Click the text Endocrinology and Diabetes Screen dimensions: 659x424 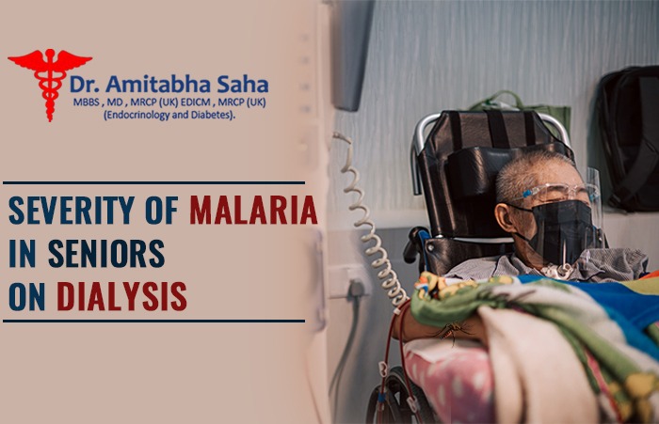[x=169, y=115]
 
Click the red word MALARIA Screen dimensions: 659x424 [x=254, y=210]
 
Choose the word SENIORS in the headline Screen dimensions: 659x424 [x=106, y=253]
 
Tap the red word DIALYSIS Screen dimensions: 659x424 [x=121, y=296]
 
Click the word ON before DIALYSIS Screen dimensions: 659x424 [x=27, y=296]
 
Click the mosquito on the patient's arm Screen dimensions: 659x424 [x=451, y=331]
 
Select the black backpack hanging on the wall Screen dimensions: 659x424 [x=628, y=138]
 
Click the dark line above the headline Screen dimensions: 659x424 [x=153, y=183]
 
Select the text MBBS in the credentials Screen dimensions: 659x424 [x=86, y=102]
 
